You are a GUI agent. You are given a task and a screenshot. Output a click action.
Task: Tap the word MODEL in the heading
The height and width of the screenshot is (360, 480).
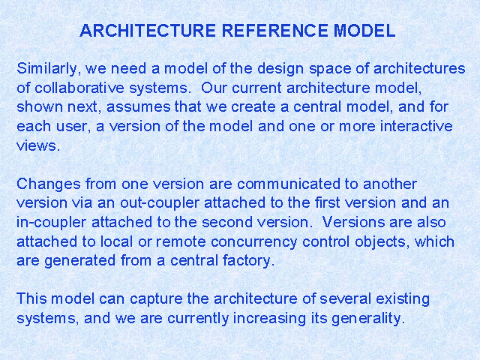[x=364, y=31]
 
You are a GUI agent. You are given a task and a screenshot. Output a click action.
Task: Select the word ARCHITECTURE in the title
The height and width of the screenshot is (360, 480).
[x=148, y=31]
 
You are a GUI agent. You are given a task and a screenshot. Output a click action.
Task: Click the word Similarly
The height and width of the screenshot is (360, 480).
[x=49, y=68]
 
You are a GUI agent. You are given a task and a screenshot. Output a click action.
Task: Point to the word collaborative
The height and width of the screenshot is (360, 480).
[x=79, y=88]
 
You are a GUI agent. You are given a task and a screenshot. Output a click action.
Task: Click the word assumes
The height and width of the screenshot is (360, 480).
[x=138, y=107]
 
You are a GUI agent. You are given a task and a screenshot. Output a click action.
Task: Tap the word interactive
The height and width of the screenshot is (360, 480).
[x=416, y=126]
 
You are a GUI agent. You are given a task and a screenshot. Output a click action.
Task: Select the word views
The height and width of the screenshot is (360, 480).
[x=38, y=145]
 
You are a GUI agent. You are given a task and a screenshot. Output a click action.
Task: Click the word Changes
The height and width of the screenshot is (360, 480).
[x=49, y=184]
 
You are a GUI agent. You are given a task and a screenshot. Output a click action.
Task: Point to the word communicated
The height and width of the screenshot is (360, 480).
[x=289, y=184]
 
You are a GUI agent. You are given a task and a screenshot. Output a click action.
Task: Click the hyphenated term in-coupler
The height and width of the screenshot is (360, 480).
[x=51, y=223]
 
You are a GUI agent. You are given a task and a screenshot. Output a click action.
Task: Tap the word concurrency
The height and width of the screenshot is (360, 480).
[x=253, y=241]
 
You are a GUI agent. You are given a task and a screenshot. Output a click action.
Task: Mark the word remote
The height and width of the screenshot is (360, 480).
[x=181, y=241]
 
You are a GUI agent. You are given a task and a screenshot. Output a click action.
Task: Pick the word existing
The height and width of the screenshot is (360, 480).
[x=403, y=298]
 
